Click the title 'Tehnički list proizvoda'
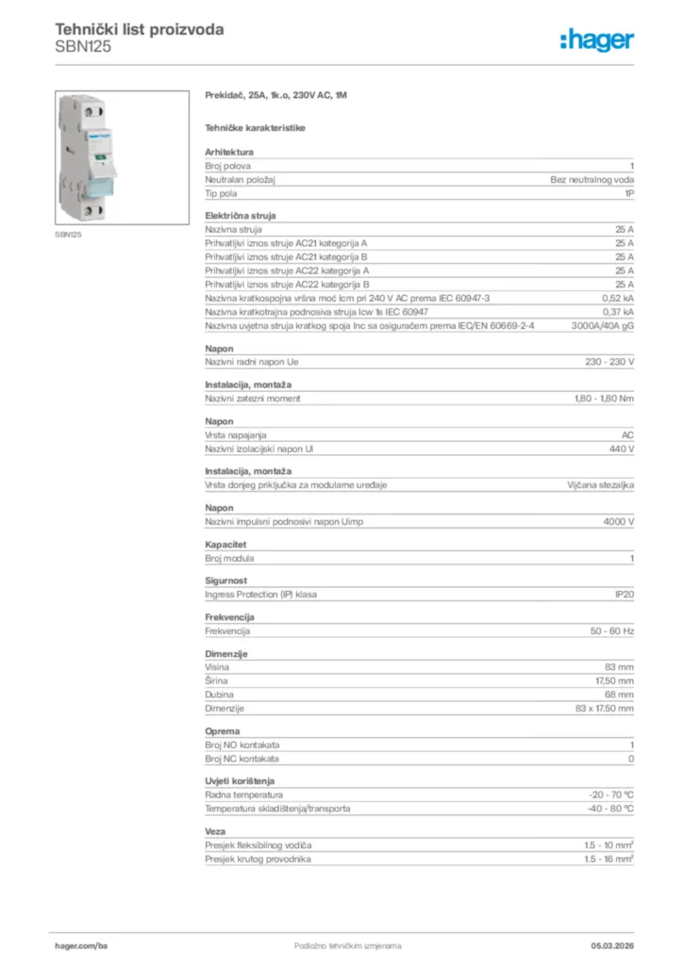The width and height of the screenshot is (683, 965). pos(140,29)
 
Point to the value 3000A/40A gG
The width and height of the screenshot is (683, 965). pos(603,325)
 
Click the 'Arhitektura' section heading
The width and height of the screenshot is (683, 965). pos(229,151)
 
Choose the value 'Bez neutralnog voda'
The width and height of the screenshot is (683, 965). pos(592,179)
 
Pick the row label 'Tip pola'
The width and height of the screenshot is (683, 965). pos(222,192)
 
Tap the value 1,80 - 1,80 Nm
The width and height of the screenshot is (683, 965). pos(604,399)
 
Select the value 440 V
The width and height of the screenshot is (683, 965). pos(620,449)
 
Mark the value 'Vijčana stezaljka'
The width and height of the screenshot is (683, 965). pos(600,485)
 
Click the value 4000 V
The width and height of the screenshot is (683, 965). pos(618,522)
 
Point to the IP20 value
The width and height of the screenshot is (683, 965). pos(624,595)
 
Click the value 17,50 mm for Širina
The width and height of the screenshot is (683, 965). pos(612,680)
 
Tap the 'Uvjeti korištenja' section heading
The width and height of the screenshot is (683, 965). pos(242,781)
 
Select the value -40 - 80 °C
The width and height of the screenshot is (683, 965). pos(610,809)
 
